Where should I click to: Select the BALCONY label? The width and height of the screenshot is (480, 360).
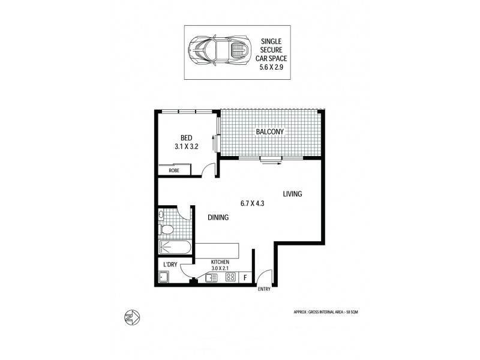[269, 131]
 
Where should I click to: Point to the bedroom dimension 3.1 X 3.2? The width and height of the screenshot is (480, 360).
[186, 145]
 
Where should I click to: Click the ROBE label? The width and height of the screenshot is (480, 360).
[173, 171]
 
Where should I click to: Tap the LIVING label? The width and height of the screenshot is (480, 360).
[292, 194]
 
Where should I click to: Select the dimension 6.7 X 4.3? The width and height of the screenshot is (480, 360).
[252, 203]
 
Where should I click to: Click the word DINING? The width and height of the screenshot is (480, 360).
[218, 218]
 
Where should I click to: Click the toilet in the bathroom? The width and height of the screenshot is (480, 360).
[167, 229]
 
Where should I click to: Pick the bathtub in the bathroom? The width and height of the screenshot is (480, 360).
[175, 247]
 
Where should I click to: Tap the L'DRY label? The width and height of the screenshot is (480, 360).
[168, 265]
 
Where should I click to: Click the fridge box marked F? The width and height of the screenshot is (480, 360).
[244, 278]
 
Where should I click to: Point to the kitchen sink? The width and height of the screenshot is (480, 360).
[210, 278]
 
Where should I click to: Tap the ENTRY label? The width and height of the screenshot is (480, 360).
[264, 289]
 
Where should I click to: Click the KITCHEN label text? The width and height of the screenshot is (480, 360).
[220, 262]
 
